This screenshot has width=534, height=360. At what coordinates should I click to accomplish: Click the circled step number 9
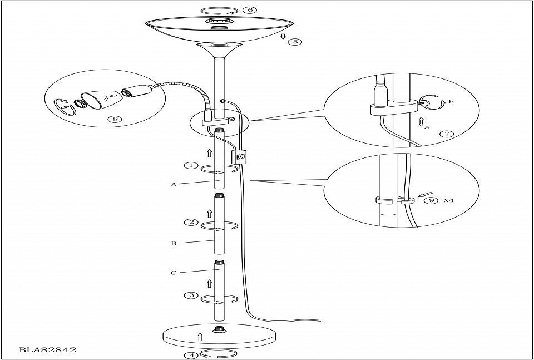point(428,201)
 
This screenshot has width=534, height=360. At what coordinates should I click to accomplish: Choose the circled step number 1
point(191,165)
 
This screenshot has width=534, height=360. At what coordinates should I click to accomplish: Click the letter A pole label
point(174,184)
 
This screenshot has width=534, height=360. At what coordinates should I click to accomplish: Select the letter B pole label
point(174,243)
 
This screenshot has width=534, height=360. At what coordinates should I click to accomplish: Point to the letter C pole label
point(174,273)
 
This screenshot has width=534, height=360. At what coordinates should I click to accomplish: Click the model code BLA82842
point(47,350)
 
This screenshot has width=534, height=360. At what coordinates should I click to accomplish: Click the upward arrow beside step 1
point(209,151)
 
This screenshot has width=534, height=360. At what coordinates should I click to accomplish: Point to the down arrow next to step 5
point(283,37)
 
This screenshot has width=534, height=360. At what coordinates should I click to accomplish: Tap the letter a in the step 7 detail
point(427,127)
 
